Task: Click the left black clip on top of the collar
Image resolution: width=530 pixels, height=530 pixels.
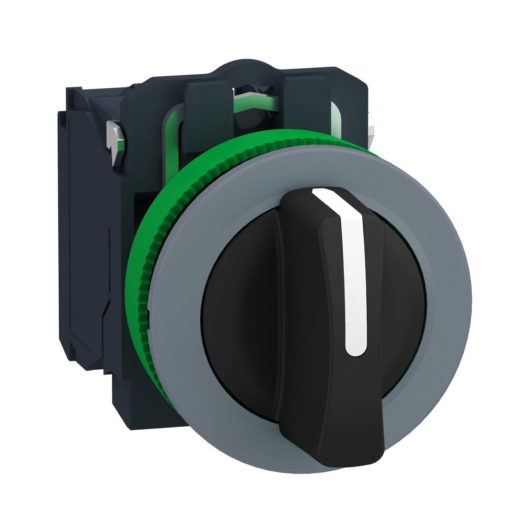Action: pyautogui.click(x=208, y=106)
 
